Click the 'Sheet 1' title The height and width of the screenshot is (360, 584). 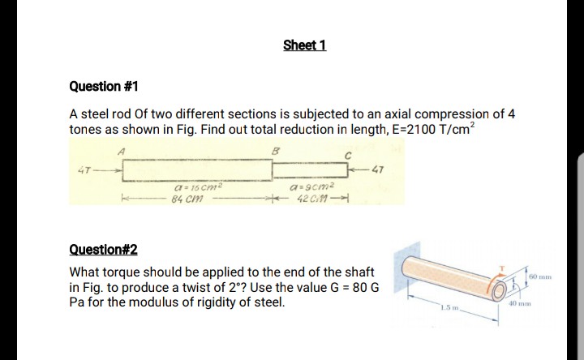305,45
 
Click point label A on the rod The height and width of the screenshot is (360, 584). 122,150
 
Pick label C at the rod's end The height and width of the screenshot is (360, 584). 346,156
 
